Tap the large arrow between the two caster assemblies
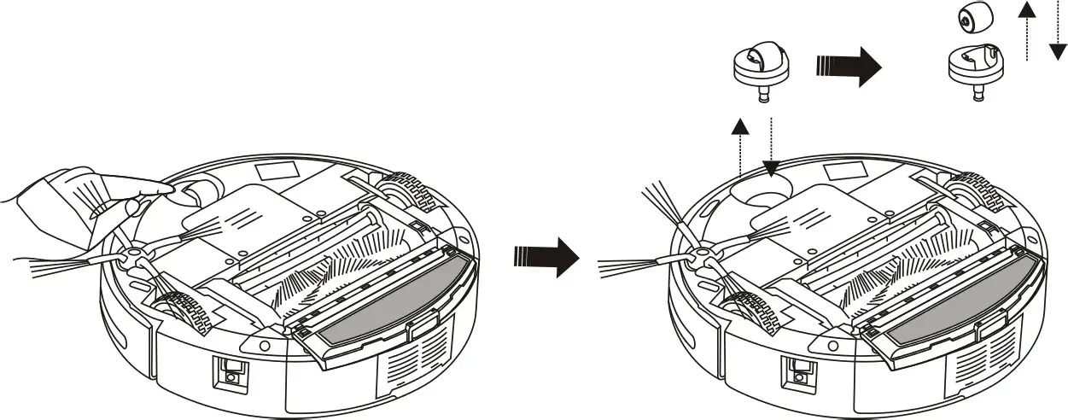tap(848, 67)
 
